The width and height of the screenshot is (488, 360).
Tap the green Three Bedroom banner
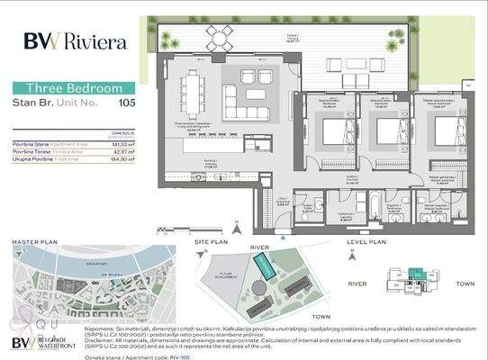74,88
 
